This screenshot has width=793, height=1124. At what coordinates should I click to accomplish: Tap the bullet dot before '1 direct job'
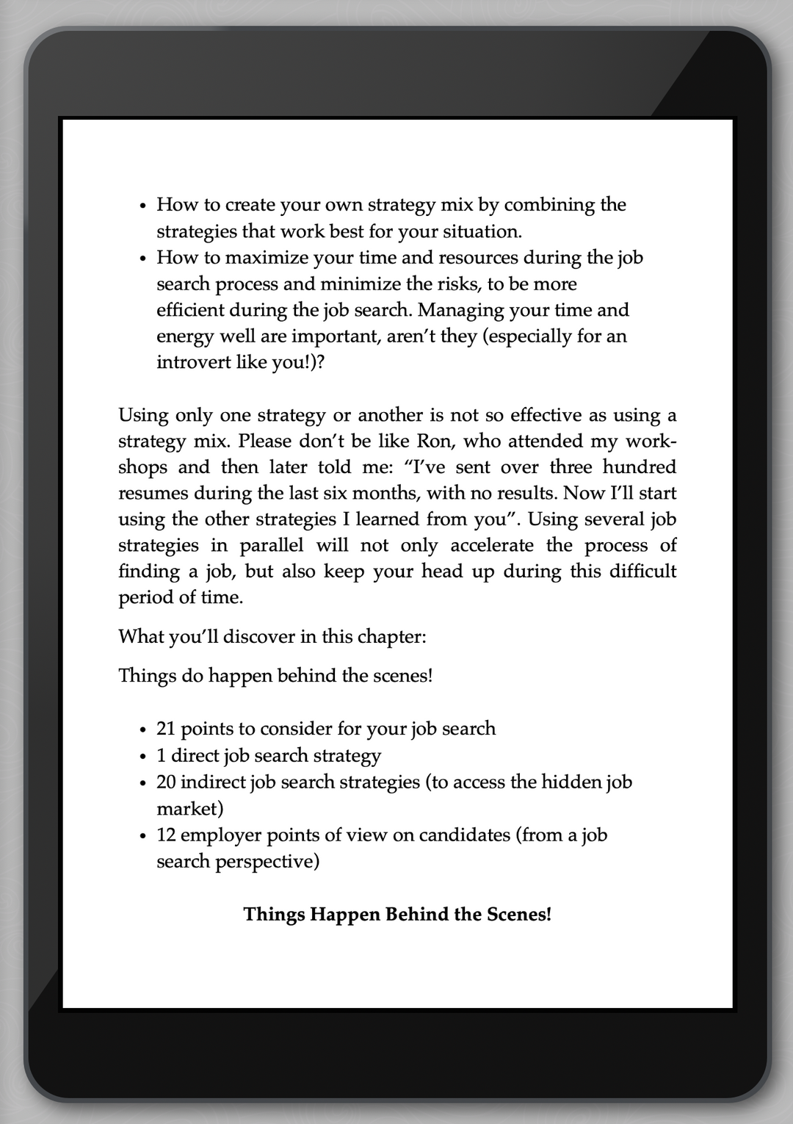tap(144, 757)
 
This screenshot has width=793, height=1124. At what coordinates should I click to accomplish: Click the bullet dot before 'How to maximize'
tap(144, 259)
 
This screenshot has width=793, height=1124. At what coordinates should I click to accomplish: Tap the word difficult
tap(642, 572)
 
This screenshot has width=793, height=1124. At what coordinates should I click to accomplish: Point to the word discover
tap(259, 636)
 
